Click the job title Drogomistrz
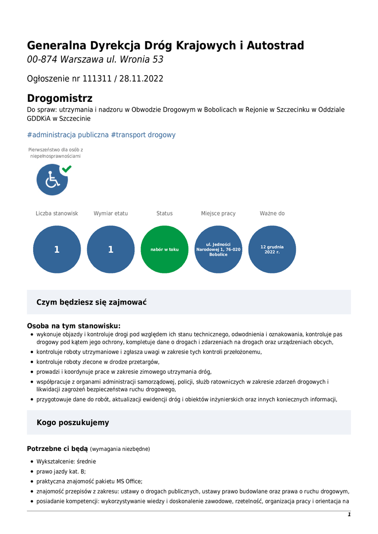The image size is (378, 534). point(59,98)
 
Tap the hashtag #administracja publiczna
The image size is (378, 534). point(68,135)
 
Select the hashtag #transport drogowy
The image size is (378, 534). point(143,135)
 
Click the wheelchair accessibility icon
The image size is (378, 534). point(52,180)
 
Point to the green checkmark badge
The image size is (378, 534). point(66,169)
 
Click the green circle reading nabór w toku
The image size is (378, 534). point(165,249)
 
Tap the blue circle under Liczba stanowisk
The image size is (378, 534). point(57,249)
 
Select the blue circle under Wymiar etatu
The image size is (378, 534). point(111,249)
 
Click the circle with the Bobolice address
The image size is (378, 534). point(218,249)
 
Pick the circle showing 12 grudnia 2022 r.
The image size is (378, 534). point(272,249)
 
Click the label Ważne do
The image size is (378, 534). point(272,214)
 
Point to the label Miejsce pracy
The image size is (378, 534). point(218,214)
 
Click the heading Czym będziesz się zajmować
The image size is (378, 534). point(92,302)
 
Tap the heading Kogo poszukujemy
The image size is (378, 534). point(73,423)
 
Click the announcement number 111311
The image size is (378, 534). point(96,79)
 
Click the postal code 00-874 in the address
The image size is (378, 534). point(43,60)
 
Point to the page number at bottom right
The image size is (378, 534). point(349,515)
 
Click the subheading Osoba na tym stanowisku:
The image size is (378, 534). point(74,326)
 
